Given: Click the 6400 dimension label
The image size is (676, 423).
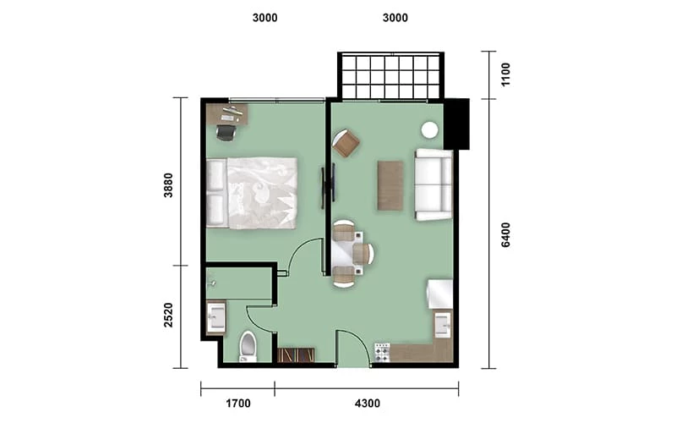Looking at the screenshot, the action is click(x=505, y=235).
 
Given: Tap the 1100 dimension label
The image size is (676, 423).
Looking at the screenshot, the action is click(x=505, y=74).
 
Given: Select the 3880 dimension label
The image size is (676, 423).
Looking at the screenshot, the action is click(x=168, y=185).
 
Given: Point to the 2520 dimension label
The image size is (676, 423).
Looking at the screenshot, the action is click(x=168, y=315).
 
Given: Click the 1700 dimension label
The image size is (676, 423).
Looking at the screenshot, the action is click(x=238, y=404).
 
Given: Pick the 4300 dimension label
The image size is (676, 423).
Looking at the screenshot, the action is click(x=368, y=404).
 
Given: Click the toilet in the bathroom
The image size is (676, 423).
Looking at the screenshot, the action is click(x=248, y=346).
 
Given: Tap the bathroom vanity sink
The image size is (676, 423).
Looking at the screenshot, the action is click(x=216, y=317).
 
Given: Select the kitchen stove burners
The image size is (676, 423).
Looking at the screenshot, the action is click(x=382, y=352).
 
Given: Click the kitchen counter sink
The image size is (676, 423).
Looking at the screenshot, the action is click(x=443, y=325).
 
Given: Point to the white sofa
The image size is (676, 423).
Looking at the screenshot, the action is click(x=433, y=184).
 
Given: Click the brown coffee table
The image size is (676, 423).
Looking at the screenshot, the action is click(x=390, y=185).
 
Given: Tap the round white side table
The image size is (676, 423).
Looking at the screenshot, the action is click(x=429, y=130).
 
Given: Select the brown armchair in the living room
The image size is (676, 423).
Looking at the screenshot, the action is click(x=346, y=143).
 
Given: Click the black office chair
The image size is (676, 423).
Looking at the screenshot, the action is click(x=226, y=133).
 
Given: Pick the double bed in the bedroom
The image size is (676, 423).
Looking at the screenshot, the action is click(x=252, y=193).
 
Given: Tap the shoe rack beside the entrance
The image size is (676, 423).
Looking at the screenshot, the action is click(x=296, y=355).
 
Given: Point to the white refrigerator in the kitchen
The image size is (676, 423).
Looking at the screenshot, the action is click(x=439, y=294).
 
